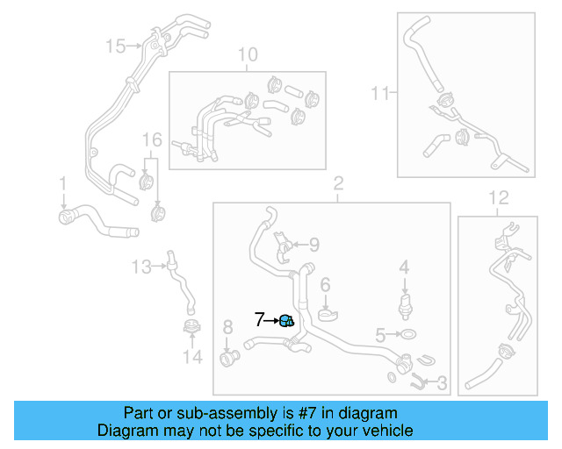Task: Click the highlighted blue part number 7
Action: (287, 321)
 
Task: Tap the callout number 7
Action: (260, 320)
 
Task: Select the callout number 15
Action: (115, 45)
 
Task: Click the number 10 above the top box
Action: (248, 55)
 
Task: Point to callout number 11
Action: (379, 91)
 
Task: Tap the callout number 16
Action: (153, 140)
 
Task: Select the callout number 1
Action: (62, 182)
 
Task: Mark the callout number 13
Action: (141, 265)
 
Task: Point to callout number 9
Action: (313, 245)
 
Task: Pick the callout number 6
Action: (324, 284)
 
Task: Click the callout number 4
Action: (404, 266)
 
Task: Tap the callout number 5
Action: (380, 334)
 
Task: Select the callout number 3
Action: (442, 382)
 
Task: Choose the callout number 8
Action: (227, 328)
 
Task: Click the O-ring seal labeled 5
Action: (407, 334)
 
